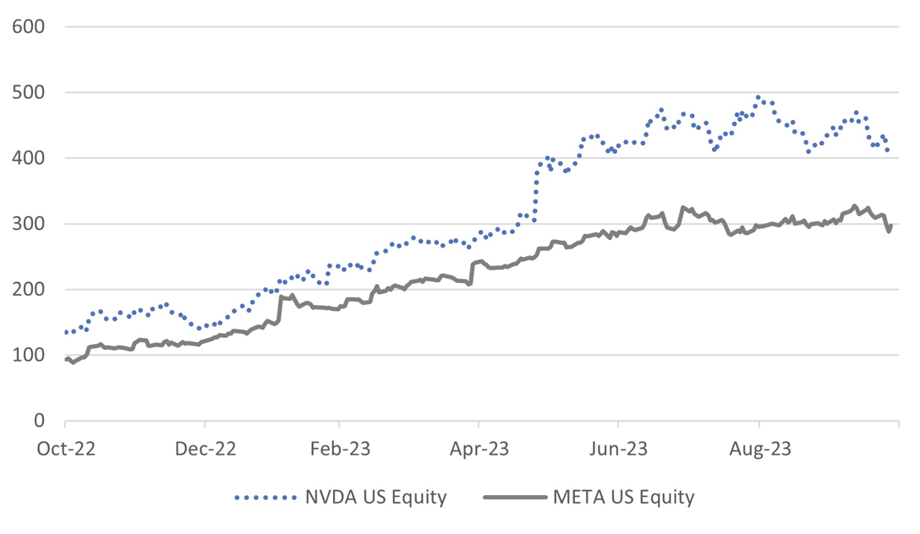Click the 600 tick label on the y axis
(x=29, y=27)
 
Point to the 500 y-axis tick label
(x=29, y=93)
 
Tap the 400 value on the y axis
(x=29, y=159)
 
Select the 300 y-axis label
(x=29, y=224)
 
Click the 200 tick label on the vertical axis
(x=29, y=290)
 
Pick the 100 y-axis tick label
(x=29, y=356)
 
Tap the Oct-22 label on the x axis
(x=65, y=449)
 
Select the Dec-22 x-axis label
(x=204, y=449)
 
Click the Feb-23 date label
(x=339, y=449)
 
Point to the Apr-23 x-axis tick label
(x=479, y=449)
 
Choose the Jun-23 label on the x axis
(x=618, y=449)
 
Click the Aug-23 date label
(x=759, y=449)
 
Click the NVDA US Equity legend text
(x=375, y=497)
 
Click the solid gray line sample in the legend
(x=514, y=497)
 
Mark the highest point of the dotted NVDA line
(x=758, y=98)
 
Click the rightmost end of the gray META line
(x=891, y=226)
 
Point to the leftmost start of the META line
(x=66, y=360)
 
